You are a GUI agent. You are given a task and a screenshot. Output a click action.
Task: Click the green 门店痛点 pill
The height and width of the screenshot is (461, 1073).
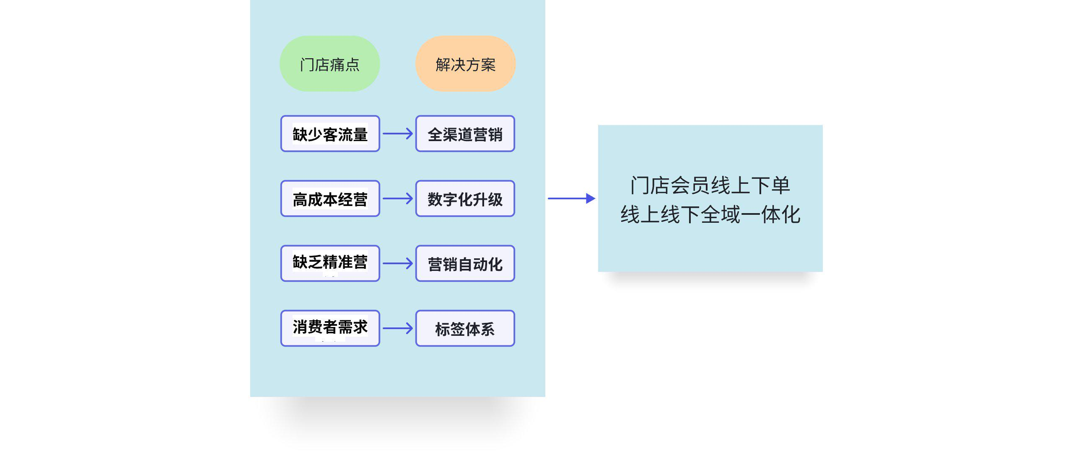tap(330, 64)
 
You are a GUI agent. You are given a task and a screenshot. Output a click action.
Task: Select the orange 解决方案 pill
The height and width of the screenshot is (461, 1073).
tap(465, 64)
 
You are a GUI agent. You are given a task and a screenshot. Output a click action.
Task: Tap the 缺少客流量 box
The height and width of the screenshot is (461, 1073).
tap(330, 134)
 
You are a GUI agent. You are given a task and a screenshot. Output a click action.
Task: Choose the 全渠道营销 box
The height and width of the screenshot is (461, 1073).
tap(465, 134)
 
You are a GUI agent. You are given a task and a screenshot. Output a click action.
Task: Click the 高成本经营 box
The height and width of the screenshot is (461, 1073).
tap(330, 198)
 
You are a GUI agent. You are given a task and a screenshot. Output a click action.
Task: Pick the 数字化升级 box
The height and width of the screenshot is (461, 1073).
tap(465, 198)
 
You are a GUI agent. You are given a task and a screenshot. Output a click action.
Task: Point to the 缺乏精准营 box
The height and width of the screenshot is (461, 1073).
tap(330, 263)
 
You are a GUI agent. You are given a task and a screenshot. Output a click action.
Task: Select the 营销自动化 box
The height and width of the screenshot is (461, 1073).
tap(465, 263)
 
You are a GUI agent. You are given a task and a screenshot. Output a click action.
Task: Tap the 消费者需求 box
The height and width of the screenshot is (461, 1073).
tap(330, 328)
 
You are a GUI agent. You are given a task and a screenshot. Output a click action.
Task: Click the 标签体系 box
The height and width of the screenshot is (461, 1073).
tap(465, 328)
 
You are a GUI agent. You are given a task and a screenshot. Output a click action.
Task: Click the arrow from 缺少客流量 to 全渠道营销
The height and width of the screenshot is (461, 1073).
tap(398, 134)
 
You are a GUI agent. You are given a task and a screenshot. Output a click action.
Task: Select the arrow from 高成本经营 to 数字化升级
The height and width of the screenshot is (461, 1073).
tap(398, 198)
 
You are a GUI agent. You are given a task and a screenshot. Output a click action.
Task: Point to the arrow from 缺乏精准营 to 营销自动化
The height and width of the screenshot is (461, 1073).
tap(398, 263)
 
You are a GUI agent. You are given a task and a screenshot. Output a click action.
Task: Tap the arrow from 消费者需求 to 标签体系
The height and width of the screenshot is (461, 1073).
tap(398, 328)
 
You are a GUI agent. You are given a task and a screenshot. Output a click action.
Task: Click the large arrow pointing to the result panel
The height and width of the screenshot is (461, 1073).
tap(572, 198)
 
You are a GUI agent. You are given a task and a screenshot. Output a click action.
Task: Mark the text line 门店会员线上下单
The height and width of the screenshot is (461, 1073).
tap(710, 185)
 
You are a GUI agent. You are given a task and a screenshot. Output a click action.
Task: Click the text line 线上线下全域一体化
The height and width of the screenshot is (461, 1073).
tap(710, 214)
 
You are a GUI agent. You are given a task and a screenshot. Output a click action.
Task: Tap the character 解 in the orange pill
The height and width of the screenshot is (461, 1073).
tap(443, 64)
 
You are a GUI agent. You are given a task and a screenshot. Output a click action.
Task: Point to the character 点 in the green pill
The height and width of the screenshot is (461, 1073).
tap(352, 64)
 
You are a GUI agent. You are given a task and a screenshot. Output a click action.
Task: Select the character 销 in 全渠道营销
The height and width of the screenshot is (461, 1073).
tap(495, 134)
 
